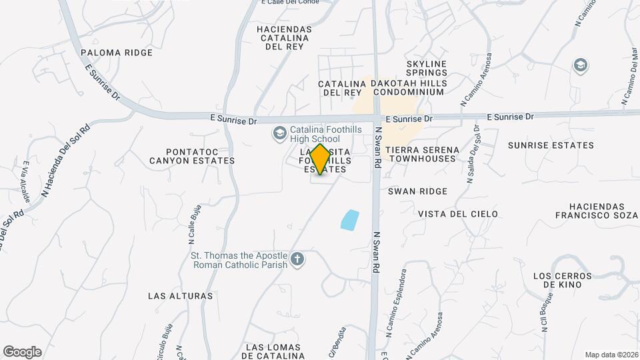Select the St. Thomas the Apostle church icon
[x=297, y=259]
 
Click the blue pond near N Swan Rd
[x=350, y=219]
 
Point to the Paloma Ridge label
[x=108, y=52]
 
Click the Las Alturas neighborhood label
[x=180, y=295]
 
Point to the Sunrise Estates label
[x=551, y=145]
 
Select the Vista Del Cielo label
[x=458, y=214]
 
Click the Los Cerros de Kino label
[x=562, y=280]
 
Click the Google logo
[x=22, y=352]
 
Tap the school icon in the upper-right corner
[x=581, y=65]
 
